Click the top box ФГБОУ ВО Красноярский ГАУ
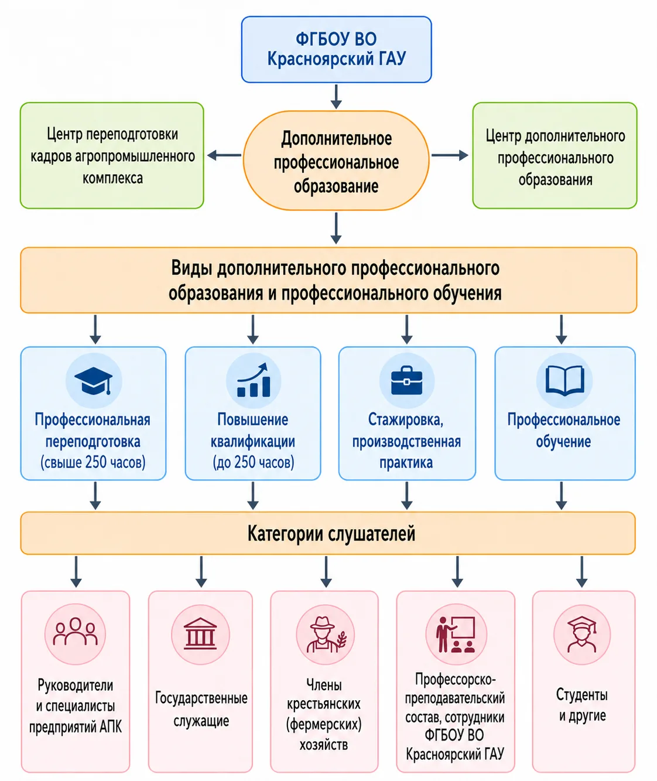pos(336,49)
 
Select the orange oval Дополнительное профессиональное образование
pos(336,161)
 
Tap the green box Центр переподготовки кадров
pos(112,155)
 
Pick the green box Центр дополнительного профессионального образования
pos(555,155)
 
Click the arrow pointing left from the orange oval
pos(224,155)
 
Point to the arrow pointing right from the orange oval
pos(450,155)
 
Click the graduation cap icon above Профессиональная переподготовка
pos(94,380)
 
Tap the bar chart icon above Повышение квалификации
pos(254,380)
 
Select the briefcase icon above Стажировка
pos(407,380)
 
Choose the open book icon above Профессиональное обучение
pos(564,380)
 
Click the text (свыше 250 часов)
pos(93,462)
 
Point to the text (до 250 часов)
pos(254,462)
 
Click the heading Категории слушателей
pos(331,533)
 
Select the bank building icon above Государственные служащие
pos(200,633)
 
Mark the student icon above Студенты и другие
pos(582,633)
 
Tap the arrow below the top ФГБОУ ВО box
pos(336,97)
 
